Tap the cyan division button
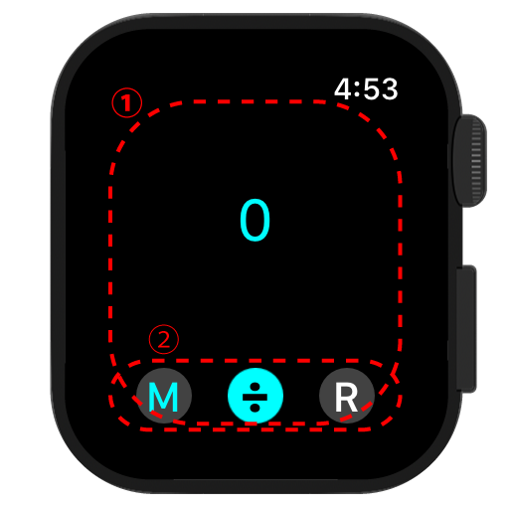click(255, 396)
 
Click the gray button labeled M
click(164, 396)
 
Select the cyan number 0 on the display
click(255, 220)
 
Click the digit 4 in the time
click(343, 88)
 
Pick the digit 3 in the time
click(389, 88)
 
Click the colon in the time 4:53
click(357, 89)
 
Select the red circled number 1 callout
click(127, 102)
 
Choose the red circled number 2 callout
click(164, 339)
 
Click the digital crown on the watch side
click(470, 161)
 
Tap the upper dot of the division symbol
click(255, 387)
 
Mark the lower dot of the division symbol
click(255, 407)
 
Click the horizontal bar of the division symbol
click(255, 397)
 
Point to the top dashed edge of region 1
click(255, 101)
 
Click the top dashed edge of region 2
click(255, 361)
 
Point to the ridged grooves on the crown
click(476, 161)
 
